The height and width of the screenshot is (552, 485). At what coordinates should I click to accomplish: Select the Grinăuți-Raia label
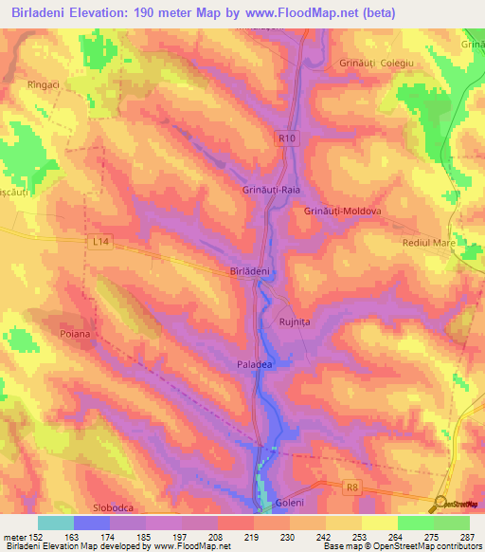click(x=271, y=191)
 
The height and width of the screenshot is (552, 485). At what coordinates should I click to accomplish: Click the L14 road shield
click(x=102, y=243)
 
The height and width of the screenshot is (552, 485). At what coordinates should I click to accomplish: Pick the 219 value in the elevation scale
click(x=252, y=537)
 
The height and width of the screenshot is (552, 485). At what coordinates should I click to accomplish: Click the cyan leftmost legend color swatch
click(x=55, y=523)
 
